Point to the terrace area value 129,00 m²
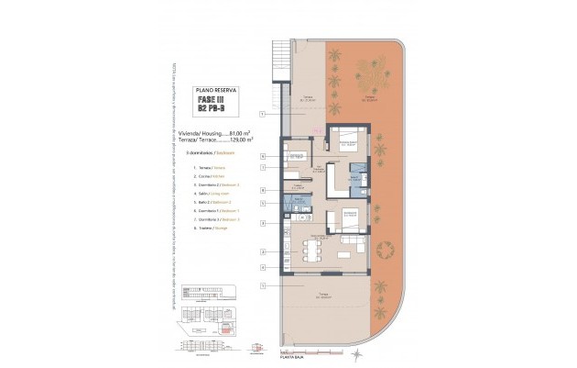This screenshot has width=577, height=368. coord(239,140)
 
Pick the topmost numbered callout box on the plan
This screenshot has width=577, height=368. coord(262,114)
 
